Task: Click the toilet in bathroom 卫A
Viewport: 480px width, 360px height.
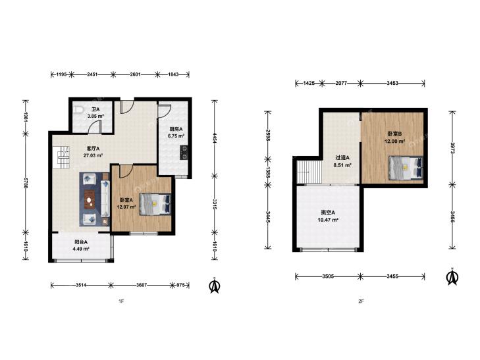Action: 78,109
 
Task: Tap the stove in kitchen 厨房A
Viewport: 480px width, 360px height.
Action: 184,153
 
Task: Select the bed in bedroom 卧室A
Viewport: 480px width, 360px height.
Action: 155,204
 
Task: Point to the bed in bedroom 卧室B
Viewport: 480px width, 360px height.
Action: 406,168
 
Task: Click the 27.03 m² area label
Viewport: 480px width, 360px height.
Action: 93,155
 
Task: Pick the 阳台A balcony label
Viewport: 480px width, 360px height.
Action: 81,242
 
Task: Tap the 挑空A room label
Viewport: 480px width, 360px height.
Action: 328,213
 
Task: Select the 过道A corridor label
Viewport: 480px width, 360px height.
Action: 342,158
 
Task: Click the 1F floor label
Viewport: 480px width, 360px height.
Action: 121,301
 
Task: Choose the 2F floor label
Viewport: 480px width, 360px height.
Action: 361,301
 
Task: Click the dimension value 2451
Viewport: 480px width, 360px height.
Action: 92,74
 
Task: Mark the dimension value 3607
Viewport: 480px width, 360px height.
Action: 142,285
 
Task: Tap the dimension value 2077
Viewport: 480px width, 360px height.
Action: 341,83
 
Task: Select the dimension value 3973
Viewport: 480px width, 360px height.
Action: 452,148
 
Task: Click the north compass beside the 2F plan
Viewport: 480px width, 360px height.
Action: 452,277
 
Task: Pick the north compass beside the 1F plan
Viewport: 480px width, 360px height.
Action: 215,286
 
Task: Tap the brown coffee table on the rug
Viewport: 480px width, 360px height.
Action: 90,199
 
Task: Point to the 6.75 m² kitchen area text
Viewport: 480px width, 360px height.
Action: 176,136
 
